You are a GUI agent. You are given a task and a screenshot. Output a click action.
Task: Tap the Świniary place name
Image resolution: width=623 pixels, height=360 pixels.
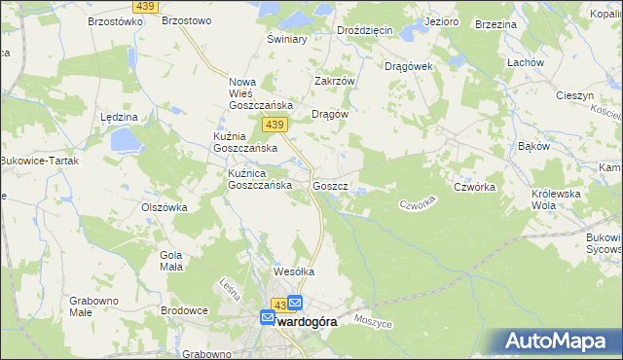click(x=287, y=40)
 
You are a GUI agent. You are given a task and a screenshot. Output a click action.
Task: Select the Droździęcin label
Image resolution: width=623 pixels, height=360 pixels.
click(x=364, y=30)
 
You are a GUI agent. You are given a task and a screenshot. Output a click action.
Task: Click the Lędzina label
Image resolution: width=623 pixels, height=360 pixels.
click(x=119, y=116)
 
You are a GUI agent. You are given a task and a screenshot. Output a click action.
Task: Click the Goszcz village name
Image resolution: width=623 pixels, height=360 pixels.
click(x=330, y=185)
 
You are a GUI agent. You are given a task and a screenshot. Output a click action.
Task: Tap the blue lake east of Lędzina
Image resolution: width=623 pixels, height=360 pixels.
click(x=126, y=142)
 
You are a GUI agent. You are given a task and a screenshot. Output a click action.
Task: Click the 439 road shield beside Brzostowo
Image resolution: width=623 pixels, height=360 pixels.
click(x=146, y=7)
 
